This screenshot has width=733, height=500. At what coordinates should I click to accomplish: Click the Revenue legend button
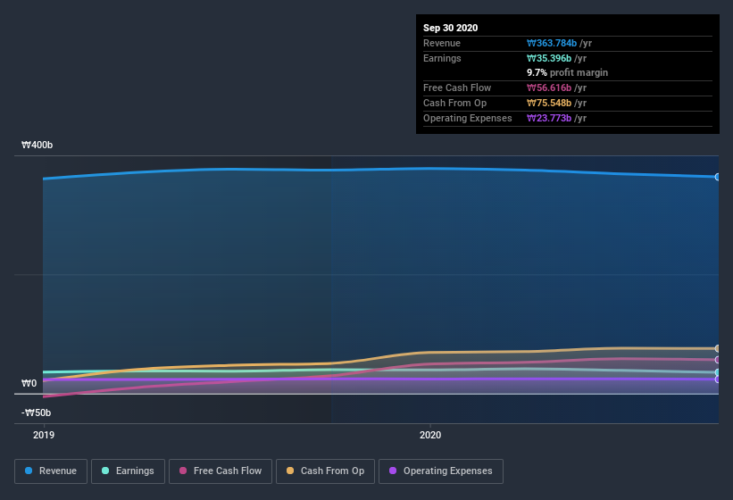[x=52, y=471]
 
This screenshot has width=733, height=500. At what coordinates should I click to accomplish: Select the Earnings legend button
[x=128, y=471]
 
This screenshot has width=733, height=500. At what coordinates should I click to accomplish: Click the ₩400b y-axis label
[x=37, y=145]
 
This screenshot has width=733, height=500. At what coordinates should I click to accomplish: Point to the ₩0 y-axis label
[x=29, y=383]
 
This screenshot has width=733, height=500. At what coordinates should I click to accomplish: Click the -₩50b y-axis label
[x=36, y=412]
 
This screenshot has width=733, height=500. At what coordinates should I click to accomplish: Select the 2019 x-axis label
[x=44, y=435]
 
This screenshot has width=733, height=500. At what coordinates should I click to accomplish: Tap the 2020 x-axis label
[x=430, y=435]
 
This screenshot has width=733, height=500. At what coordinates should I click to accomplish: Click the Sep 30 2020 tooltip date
[x=450, y=28]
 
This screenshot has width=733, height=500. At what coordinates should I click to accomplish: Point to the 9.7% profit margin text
[x=567, y=72]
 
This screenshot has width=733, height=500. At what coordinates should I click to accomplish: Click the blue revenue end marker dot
[x=717, y=177]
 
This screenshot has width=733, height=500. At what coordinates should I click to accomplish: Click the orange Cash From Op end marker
[x=717, y=348]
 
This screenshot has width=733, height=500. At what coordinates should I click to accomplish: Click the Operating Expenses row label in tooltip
[x=467, y=118]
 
